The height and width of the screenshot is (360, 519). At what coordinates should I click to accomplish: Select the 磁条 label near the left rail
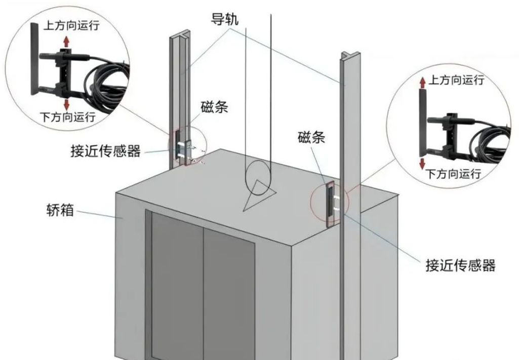point(214,107)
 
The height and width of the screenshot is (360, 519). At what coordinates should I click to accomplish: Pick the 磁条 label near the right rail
point(311,137)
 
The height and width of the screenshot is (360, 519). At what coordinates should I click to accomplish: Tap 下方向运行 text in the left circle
point(68,117)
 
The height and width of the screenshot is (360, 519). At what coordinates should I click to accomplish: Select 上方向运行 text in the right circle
point(456,80)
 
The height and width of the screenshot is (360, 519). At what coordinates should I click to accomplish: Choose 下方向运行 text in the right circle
point(453,175)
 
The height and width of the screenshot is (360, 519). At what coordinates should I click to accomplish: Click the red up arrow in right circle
point(421,82)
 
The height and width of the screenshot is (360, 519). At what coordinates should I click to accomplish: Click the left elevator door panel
point(177,284)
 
